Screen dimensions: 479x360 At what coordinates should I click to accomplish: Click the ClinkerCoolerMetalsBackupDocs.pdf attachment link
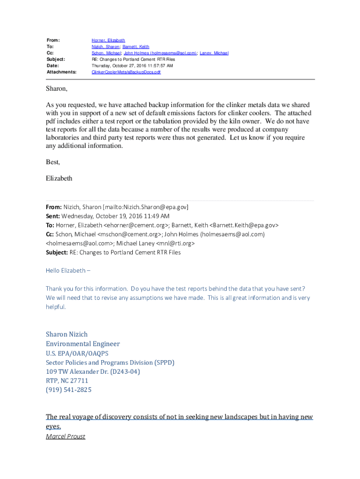126,72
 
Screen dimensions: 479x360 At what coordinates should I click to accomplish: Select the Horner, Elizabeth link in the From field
108,41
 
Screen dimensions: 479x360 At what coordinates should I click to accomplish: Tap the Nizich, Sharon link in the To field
105,47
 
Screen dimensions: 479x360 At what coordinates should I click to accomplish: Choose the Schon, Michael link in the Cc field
106,53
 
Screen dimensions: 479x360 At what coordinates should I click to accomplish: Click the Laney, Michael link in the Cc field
214,53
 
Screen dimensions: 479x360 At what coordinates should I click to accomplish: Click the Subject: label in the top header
56,59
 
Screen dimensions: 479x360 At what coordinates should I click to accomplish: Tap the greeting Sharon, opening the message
57,88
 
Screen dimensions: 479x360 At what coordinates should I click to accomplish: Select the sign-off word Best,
53,162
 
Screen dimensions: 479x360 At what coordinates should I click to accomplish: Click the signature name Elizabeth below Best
59,178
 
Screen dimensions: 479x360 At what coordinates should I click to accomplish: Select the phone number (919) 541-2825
68,390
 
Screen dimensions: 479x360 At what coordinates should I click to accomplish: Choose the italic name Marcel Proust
65,436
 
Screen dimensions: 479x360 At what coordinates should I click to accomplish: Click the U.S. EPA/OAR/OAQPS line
77,353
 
